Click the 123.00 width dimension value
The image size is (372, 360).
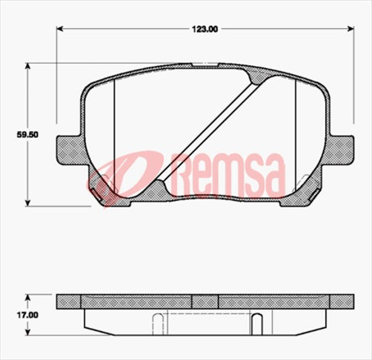coord(205,29)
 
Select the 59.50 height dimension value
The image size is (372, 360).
coord(27,136)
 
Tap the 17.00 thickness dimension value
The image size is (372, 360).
coord(27,315)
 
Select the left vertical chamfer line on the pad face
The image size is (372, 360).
coord(115,137)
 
